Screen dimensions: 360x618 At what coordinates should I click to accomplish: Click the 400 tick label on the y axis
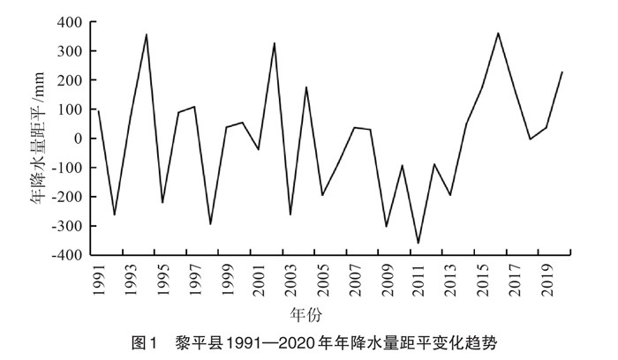pos(70,22)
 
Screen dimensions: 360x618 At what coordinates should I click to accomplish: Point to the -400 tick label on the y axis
pos(67,256)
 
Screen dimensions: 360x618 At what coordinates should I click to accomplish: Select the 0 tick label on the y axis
pos(78,139)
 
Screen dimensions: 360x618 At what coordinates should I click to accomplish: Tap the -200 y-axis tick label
pos(67,198)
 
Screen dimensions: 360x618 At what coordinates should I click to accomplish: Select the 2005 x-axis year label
pos(323,281)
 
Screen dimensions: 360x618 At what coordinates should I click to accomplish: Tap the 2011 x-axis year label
pos(419,281)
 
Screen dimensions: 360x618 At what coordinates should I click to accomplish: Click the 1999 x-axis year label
pos(227,281)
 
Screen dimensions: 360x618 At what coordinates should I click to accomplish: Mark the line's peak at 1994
pos(147,34)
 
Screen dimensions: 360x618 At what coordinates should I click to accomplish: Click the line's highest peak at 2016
pos(499,33)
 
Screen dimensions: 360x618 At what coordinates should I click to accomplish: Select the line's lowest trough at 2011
pos(418,244)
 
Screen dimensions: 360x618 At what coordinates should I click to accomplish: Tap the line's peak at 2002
pos(275,42)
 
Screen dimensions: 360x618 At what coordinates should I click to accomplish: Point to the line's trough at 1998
pos(210,224)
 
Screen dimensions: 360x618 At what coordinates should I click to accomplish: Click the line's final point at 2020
pos(563,71)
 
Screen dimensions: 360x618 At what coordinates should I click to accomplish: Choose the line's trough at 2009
pos(387,227)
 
